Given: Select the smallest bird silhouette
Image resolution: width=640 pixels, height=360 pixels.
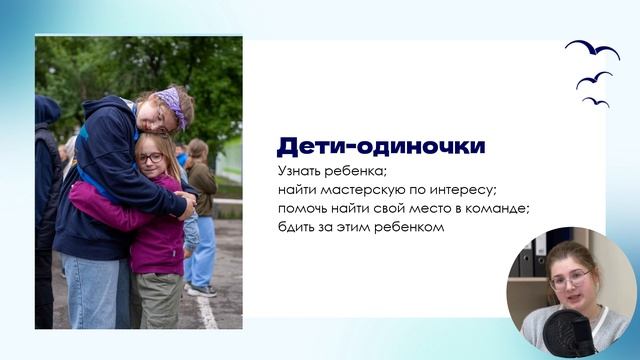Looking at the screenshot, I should coord(596,102).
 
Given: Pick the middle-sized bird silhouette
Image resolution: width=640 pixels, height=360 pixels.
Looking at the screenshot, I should coord(594,79).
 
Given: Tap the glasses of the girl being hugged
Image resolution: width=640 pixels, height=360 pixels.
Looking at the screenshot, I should coord(150,158).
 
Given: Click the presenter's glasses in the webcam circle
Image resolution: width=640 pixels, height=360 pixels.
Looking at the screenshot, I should coord(569,279).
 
